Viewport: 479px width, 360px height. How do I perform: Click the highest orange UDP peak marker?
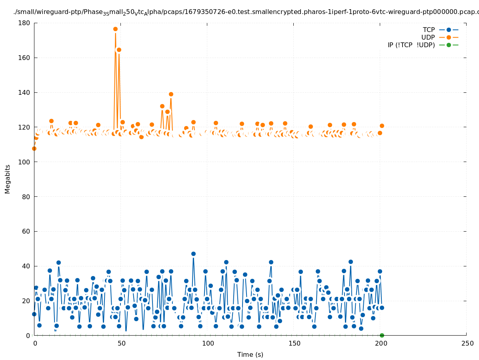coord(115,29)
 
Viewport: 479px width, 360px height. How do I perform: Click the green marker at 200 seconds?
coord(382,335)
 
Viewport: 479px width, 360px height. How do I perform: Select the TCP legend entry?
coord(429,30)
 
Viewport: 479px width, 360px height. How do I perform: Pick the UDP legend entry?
coord(428,37)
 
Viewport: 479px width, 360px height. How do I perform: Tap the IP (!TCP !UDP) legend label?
coord(411,45)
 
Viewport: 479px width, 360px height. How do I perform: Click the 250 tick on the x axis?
coord(467,343)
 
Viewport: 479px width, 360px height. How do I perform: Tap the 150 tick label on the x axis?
coord(294,343)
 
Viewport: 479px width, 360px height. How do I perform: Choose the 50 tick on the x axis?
coord(121,343)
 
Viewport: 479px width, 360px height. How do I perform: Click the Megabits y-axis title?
coord(8,179)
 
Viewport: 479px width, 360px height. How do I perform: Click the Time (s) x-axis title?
coord(250,354)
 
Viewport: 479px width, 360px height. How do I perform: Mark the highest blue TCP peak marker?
coord(193,254)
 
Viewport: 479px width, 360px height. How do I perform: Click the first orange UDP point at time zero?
coord(34,148)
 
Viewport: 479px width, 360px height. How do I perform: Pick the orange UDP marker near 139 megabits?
coord(171,94)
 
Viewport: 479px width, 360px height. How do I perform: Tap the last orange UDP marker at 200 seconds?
coord(382,126)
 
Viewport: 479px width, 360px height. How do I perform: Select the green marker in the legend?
coord(449,45)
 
